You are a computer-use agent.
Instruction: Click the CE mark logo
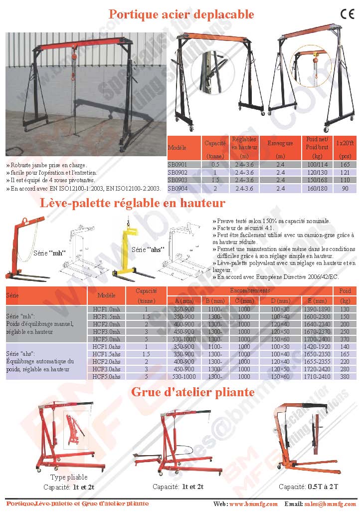[x=347, y=14]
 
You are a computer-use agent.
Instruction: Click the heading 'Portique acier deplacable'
[x=181, y=14]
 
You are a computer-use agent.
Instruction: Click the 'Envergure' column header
[x=280, y=144]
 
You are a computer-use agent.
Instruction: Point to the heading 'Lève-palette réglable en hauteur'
[x=132, y=203]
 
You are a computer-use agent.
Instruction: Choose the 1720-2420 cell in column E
[x=317, y=369]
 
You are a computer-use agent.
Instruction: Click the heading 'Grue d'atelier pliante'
[x=192, y=392]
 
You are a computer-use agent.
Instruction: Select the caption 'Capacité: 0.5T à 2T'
[x=309, y=487]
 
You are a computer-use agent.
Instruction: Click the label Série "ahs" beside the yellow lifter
[x=148, y=250]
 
